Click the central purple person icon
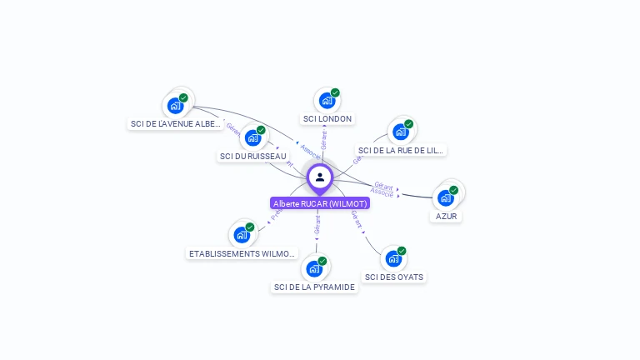[320, 177]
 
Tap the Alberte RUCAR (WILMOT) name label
[320, 203]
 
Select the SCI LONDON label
[327, 119]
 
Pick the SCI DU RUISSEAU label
[252, 156]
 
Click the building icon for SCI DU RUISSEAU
[252, 138]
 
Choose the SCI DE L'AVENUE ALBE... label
[176, 124]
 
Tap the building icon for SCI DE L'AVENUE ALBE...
[175, 105]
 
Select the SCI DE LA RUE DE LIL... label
[401, 151]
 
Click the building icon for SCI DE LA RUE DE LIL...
[401, 132]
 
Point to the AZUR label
[447, 217]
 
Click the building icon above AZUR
[446, 198]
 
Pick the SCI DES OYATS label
[394, 277]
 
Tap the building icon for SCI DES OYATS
[393, 259]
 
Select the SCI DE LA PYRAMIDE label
[314, 287]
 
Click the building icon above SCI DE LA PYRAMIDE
[314, 269]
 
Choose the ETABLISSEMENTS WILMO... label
[242, 253]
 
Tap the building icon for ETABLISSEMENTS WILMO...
[241, 235]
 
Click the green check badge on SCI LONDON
[335, 93]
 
